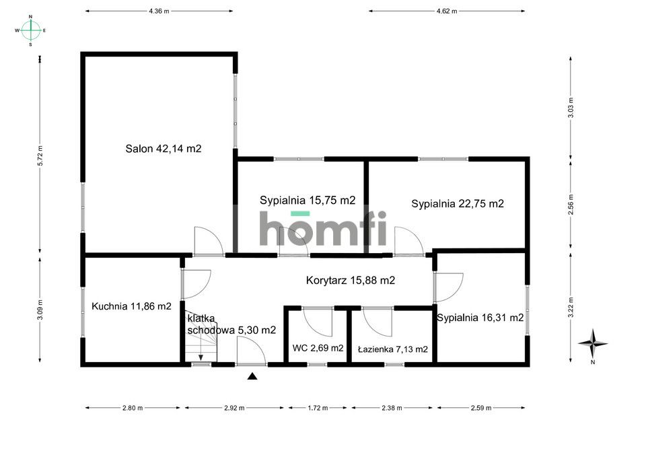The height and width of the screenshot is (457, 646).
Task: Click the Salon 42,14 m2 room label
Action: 163,149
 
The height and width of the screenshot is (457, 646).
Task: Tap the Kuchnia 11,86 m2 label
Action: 131,306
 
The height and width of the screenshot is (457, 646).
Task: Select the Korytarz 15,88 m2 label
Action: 350,280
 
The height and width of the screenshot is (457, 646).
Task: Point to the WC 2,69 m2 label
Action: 318,348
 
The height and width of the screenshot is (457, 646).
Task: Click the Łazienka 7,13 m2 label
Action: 392,349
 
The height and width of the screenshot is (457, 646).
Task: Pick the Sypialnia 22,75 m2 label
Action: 458,203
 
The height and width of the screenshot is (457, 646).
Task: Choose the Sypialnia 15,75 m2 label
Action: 308,200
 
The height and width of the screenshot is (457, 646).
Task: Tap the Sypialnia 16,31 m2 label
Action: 480,318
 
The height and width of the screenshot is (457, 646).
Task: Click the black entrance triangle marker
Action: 252,376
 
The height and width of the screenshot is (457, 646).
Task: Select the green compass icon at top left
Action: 30,30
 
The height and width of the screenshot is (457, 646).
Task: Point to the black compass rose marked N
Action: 592,343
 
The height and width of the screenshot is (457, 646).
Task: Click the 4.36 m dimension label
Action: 159,11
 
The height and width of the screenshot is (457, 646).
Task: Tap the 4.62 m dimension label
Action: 446,11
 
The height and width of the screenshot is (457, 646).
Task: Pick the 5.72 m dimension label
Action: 40,156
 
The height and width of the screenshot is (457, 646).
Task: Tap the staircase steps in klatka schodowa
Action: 201,350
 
